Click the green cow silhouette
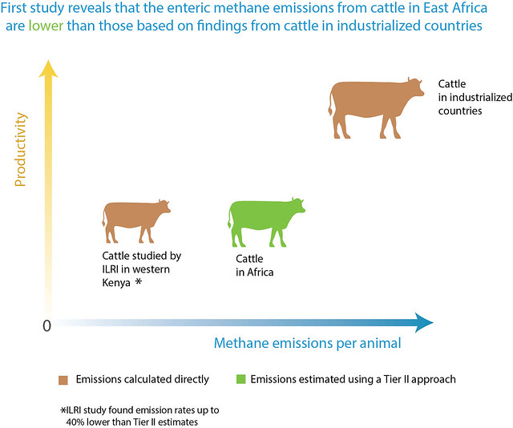coord(262,217)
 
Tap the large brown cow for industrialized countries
coord(373,102)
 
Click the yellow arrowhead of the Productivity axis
coord(48,69)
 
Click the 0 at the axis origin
coord(46,325)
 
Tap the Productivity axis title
coord(20,150)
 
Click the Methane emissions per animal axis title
coord(308,343)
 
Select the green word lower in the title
coord(46,26)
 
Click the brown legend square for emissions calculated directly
coord(63,380)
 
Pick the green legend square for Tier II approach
coord(240,379)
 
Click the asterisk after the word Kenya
coord(139,281)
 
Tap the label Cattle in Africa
coord(255,265)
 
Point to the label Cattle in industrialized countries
coord(475,97)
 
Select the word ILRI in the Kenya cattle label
coord(111,269)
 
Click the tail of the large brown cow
coord(330,102)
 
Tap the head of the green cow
coord(297,206)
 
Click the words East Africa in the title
coord(455,8)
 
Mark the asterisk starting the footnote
coord(63,410)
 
